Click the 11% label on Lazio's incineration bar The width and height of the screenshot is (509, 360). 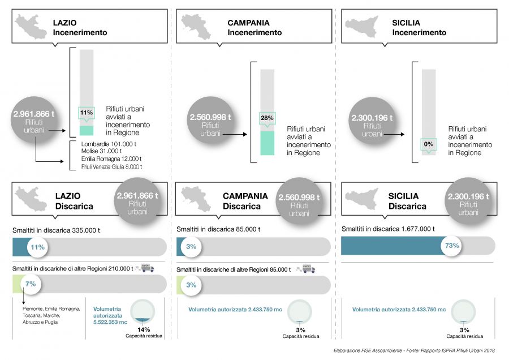[87, 113]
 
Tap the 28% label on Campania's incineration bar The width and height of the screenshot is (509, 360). [267, 118]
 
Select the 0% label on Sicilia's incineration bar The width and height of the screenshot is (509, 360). [429, 144]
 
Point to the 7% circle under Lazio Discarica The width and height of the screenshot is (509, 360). [31, 284]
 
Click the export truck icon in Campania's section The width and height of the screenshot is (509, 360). [308, 269]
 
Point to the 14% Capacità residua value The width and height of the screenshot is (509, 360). [144, 329]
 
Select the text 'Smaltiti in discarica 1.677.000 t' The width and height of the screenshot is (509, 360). [388, 229]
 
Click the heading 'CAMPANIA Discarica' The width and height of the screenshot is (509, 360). [245, 201]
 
